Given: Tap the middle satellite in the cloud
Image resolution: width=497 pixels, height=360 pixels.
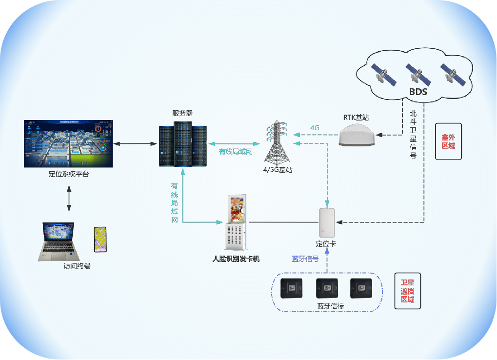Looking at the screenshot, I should [414, 74].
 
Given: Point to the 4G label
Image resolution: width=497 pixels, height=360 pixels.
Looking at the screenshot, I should [315, 128].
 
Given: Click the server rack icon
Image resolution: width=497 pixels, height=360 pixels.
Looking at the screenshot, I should [182, 144].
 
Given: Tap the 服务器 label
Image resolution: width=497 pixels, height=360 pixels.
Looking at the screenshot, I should [182, 113].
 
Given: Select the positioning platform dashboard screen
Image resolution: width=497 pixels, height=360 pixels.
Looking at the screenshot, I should [68, 143].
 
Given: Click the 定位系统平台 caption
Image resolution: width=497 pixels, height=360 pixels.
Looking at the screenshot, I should [69, 174].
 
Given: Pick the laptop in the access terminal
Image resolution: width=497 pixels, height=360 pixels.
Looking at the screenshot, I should [59, 241].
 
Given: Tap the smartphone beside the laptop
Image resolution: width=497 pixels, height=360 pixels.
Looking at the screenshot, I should [100, 239].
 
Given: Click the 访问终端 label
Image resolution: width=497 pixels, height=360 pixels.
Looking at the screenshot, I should [77, 266].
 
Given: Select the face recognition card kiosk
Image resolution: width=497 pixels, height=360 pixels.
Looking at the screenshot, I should [237, 222].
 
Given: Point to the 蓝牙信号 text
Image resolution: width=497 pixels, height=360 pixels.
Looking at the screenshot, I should [305, 259].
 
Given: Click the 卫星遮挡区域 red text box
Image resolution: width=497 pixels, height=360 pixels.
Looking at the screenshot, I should [407, 291].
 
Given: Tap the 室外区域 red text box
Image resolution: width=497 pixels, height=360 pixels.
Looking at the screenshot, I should [448, 141].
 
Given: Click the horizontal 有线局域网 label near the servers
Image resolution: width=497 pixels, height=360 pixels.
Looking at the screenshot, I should [236, 152].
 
